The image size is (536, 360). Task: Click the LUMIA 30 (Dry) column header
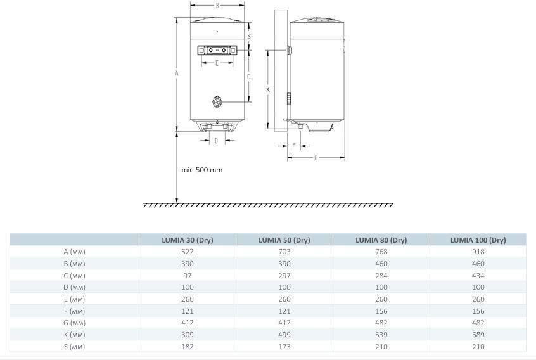187,240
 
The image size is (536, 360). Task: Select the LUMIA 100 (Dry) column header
478,240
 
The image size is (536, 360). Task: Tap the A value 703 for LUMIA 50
284,252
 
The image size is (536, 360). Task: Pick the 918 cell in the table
478,252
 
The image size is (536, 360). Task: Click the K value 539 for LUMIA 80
381,335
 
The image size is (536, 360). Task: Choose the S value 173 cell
284,347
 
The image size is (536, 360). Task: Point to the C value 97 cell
187,276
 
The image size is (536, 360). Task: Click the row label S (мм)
75,347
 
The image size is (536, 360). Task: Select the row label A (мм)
75,252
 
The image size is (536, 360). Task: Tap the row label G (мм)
75,323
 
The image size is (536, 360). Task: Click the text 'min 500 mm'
201,170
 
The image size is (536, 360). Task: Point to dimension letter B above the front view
217,6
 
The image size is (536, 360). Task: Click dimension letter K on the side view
268,90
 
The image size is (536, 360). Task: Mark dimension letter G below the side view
316,158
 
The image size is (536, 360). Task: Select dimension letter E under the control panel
217,63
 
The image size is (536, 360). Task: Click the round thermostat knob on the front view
217,101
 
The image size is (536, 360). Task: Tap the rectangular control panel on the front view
217,49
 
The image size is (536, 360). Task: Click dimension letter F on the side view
293,146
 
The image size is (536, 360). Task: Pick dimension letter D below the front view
216,141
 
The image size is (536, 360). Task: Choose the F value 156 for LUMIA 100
478,311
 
